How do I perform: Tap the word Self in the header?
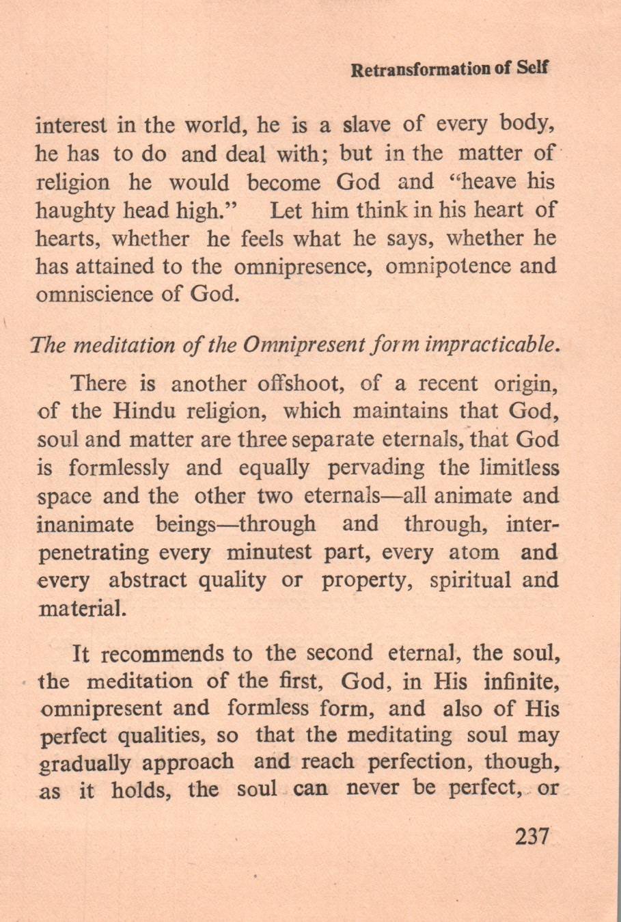[x=534, y=70]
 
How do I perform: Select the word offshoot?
[x=299, y=383]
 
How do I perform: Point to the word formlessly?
[x=119, y=468]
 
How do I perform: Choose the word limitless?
[x=520, y=468]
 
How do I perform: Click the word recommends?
[x=163, y=654]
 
